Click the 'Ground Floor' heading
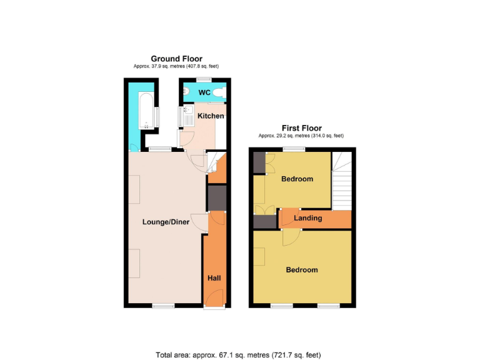[176, 59]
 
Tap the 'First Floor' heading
[301, 128]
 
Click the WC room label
[204, 93]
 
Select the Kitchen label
[211, 116]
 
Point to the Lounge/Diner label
[166, 222]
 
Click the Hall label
[214, 278]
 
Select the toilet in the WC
[221, 93]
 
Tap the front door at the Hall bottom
[213, 306]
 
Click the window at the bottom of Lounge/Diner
[164, 306]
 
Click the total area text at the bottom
[238, 354]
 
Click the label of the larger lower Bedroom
[302, 270]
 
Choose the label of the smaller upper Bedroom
[297, 179]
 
